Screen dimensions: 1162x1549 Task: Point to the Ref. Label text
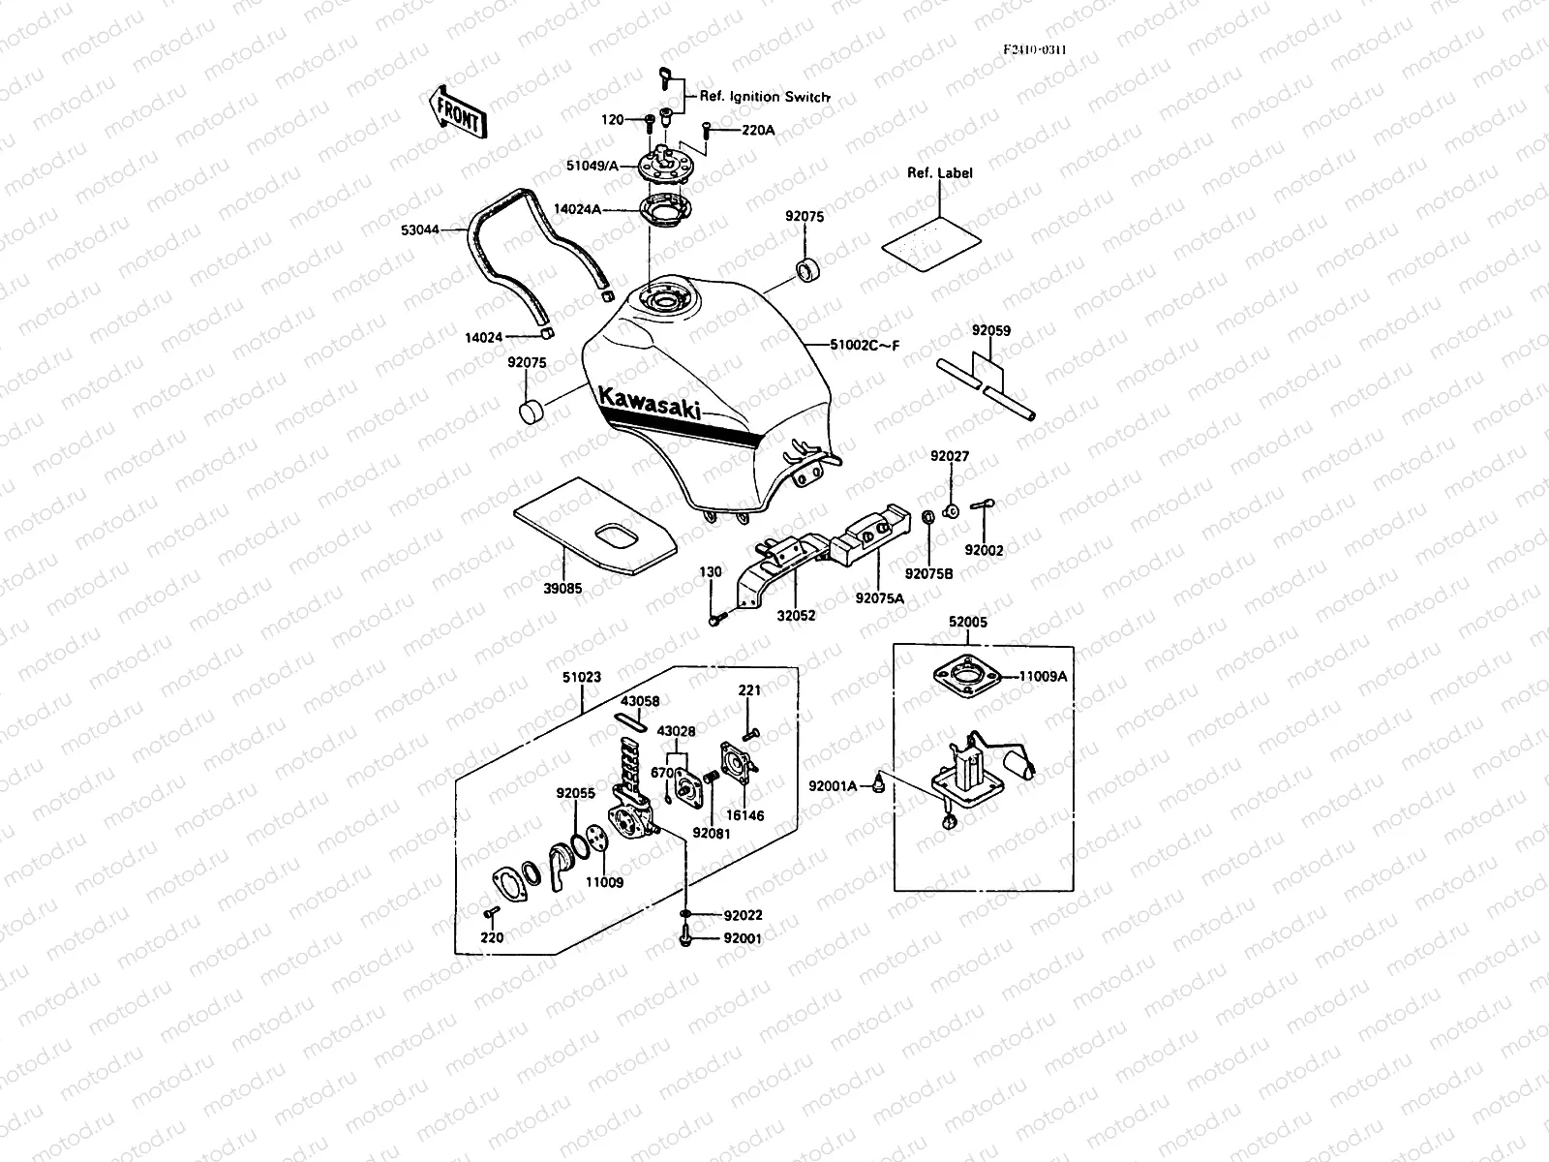coord(939,172)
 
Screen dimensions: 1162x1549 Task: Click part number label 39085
coord(563,587)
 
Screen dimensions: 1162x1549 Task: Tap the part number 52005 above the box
coord(967,623)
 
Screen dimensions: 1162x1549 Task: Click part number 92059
coord(991,331)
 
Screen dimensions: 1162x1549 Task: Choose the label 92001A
coord(834,785)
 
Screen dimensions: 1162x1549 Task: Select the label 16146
coord(744,815)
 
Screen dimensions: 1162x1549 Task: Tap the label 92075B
coord(929,573)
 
